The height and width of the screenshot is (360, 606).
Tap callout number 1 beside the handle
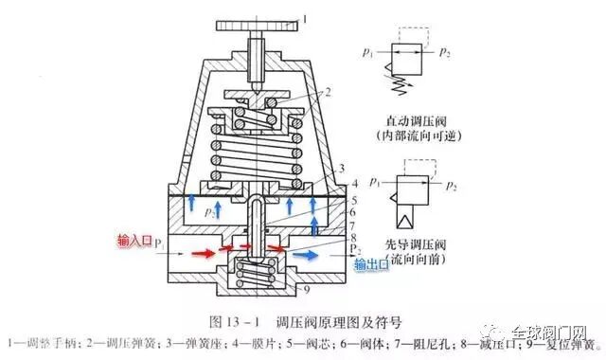pos(307,16)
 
